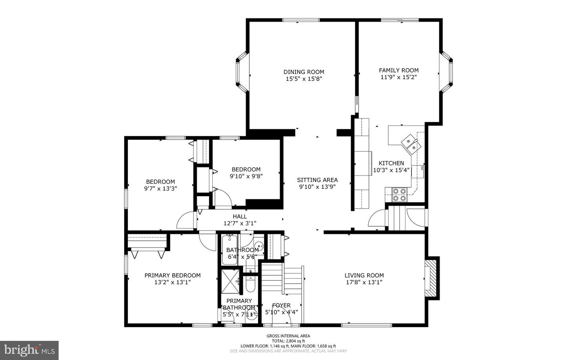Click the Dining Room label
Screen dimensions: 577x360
[304, 72]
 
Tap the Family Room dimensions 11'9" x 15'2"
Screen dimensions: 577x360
[399, 77]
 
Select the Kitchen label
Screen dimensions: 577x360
[391, 163]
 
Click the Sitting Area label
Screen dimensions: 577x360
[317, 180]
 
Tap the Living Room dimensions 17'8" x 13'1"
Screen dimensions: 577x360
[364, 282]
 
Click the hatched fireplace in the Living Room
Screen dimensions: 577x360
[431, 278]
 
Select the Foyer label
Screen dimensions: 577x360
[281, 306]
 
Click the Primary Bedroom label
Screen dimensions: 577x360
[172, 275]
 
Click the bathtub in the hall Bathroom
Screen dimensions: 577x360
[230, 249]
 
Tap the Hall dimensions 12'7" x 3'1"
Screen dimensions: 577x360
[240, 223]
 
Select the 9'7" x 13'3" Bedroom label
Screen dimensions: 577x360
[160, 181]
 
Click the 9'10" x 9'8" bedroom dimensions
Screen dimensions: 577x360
[246, 176]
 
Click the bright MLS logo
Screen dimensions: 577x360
[29, 350]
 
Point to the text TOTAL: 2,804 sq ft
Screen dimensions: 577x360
[288, 341]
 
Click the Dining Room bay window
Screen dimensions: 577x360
[242, 72]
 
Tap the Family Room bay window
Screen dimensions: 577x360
[446, 72]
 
